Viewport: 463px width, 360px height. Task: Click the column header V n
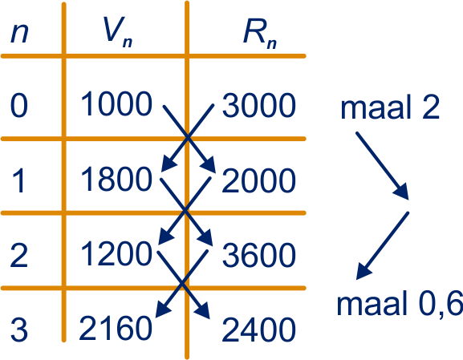click(117, 32)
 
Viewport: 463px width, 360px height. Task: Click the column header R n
click(260, 34)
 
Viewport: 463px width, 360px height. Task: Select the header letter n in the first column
click(19, 33)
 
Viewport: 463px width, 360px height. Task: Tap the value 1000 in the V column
click(116, 104)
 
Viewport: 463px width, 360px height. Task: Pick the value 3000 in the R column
click(258, 106)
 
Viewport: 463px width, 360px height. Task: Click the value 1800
click(116, 179)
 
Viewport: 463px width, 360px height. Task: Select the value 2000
click(258, 181)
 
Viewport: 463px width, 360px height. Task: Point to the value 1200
click(116, 254)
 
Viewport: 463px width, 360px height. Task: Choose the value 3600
click(258, 256)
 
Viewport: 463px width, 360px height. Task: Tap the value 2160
click(116, 328)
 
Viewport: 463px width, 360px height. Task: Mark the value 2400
click(258, 330)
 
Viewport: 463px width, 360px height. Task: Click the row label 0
click(19, 106)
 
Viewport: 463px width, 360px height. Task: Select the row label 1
click(18, 180)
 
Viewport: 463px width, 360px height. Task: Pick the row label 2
click(19, 255)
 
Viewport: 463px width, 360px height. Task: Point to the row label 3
click(19, 330)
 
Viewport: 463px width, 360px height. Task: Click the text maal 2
click(390, 107)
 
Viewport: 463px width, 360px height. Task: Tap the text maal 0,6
click(400, 304)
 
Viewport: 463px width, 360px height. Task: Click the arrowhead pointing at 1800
click(169, 164)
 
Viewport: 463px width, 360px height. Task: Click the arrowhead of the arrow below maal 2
click(401, 192)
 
